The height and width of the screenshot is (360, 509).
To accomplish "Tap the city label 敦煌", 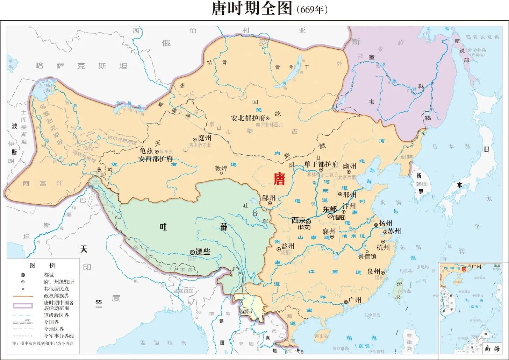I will (x=221, y=168).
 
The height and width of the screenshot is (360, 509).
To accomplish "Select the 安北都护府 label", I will (x=248, y=118).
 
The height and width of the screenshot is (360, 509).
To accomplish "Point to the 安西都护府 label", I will (x=156, y=158).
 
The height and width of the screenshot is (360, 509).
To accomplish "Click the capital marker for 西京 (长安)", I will (x=308, y=221).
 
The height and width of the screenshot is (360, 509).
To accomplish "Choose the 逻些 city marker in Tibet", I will (x=192, y=252).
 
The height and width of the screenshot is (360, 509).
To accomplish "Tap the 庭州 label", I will (x=205, y=139).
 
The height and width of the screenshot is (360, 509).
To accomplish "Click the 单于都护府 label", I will (x=321, y=164).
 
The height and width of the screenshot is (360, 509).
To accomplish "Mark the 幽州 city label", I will (x=350, y=166).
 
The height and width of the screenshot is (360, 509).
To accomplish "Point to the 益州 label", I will (x=288, y=246).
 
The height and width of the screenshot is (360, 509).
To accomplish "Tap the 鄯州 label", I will (x=269, y=198).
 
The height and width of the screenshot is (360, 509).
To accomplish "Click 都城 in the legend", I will (x=49, y=275).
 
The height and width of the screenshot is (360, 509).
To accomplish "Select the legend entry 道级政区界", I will (x=56, y=315).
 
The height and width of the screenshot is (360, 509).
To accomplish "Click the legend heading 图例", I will (x=42, y=266).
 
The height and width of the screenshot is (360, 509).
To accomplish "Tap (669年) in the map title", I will (x=312, y=10).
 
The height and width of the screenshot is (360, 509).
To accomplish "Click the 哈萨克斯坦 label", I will (x=81, y=66).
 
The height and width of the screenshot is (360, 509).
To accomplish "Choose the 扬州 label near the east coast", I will (x=386, y=224).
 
